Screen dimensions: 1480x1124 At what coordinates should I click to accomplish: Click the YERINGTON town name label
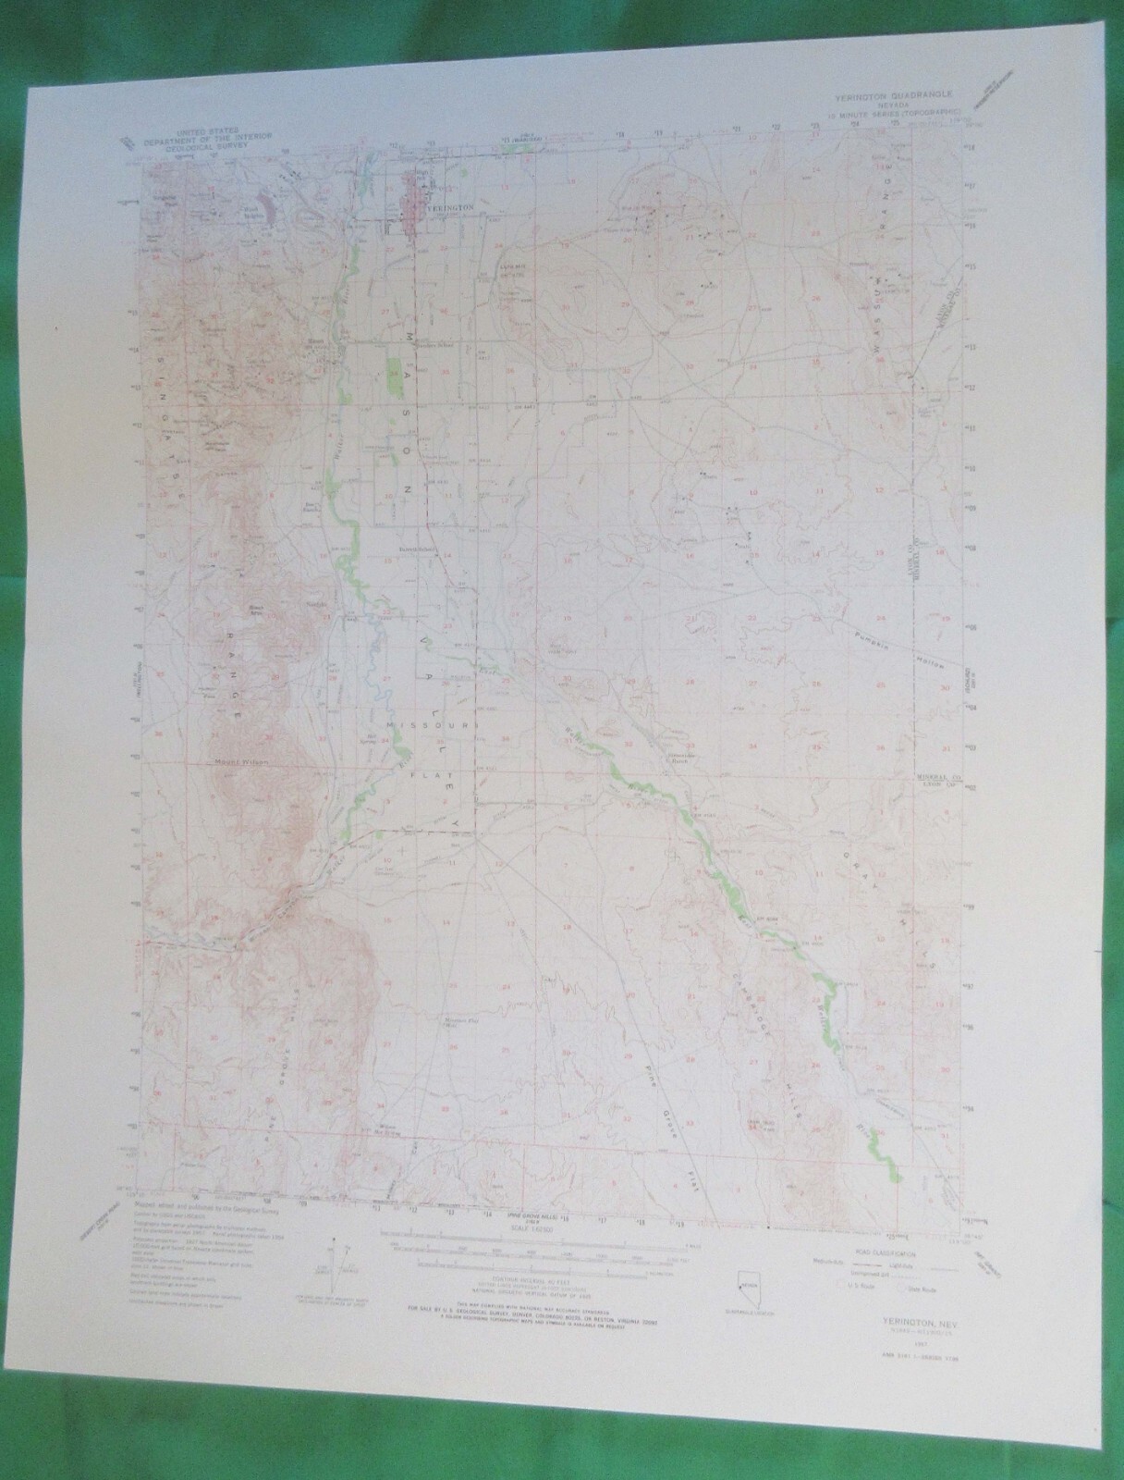(x=453, y=209)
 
